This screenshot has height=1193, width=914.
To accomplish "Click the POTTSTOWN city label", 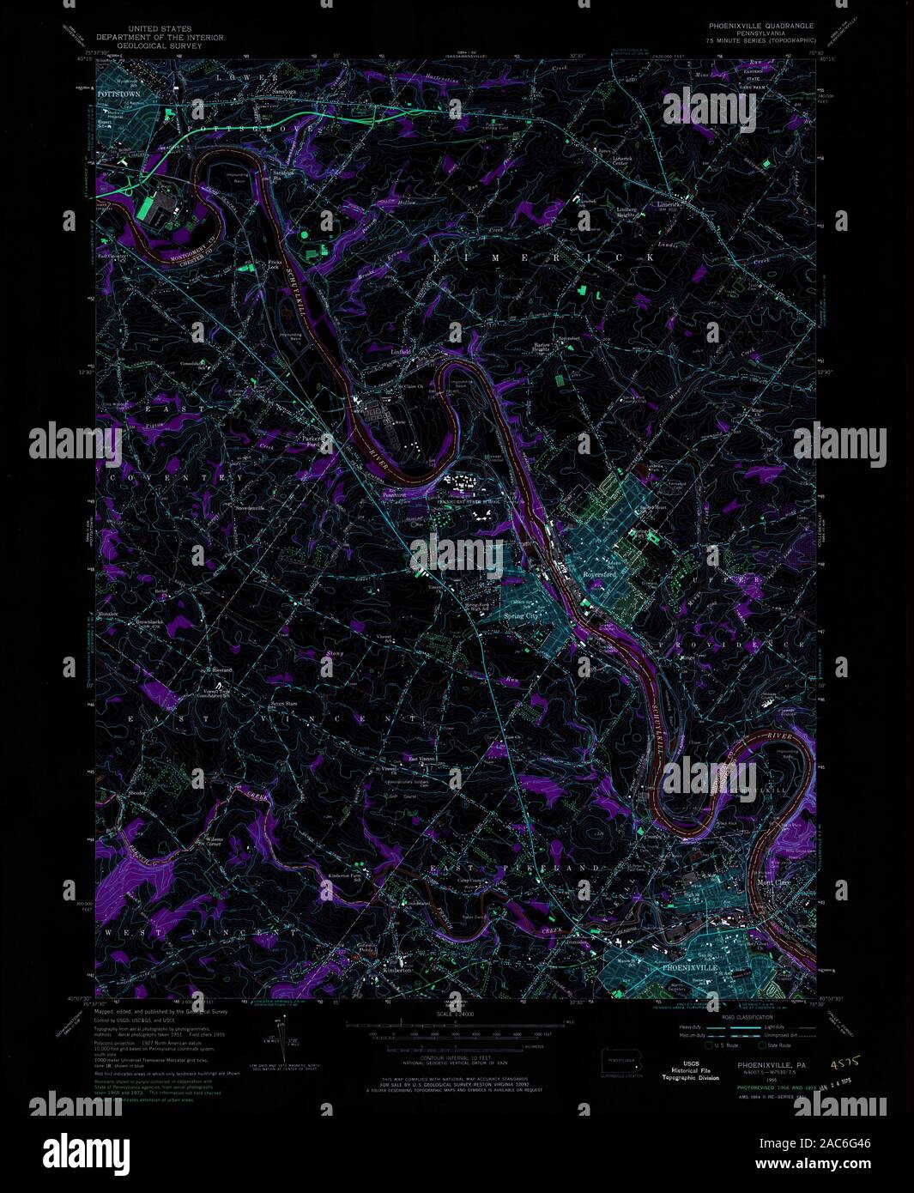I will point(118,91).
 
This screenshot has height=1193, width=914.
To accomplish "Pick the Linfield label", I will point(401,352).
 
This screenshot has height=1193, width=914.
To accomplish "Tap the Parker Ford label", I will point(312,440).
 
